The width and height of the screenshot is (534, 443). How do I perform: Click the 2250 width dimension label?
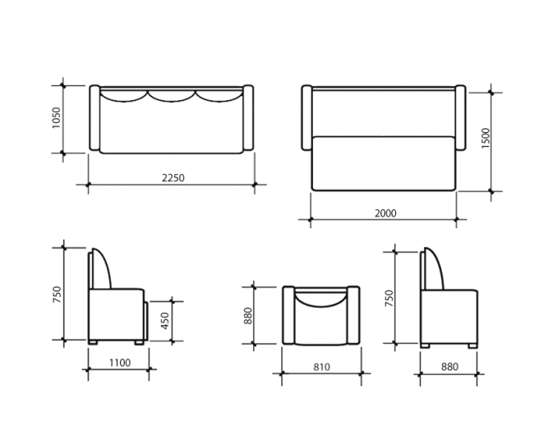(x=173, y=178)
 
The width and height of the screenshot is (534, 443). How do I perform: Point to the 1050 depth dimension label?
(x=57, y=118)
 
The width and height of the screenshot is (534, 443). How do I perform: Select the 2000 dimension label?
(x=385, y=213)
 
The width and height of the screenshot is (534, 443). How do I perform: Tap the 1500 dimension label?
(x=486, y=138)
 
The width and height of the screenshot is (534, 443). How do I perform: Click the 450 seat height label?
(x=165, y=321)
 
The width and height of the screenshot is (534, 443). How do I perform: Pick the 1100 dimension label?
(x=120, y=363)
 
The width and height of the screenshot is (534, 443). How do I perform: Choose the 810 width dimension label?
(x=321, y=367)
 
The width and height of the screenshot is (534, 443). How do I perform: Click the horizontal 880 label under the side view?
(x=449, y=367)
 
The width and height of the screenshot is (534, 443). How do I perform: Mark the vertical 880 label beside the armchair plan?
(x=248, y=316)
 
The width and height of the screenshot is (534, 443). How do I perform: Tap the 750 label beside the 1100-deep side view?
(x=58, y=295)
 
